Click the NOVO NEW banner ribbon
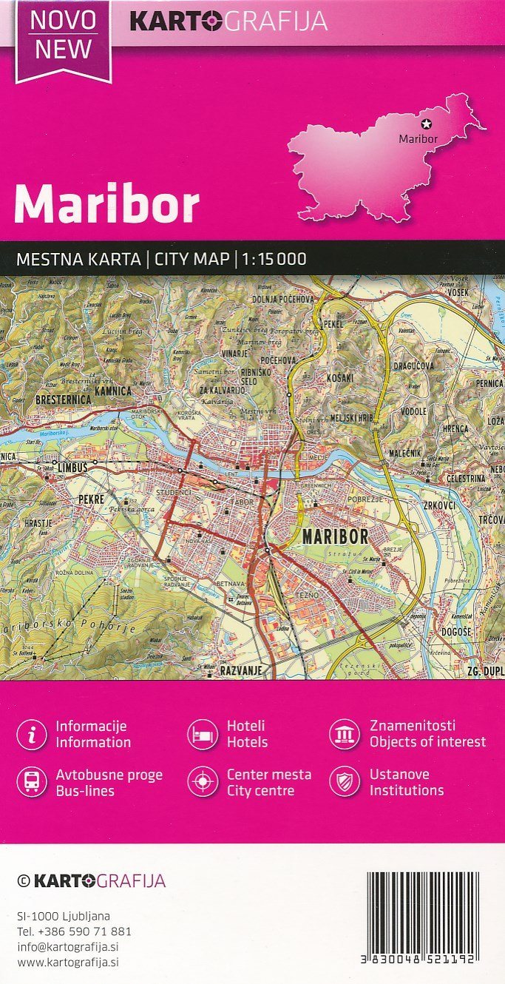click(x=64, y=37)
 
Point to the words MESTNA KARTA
click(x=78, y=259)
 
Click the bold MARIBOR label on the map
click(x=339, y=536)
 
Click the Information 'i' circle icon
click(x=31, y=734)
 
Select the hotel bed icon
click(x=202, y=734)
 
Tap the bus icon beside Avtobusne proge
click(x=31, y=782)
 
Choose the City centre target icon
click(x=202, y=782)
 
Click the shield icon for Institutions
click(x=345, y=782)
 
